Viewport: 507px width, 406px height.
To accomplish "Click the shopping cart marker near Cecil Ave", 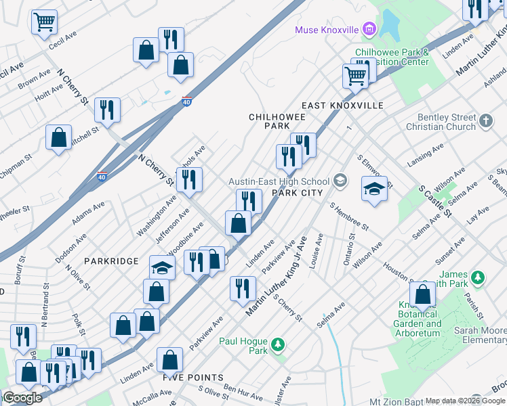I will coord(44,22).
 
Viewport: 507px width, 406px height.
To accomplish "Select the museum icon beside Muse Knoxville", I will coord(369,29).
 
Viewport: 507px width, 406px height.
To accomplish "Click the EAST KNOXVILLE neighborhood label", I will coord(342,106).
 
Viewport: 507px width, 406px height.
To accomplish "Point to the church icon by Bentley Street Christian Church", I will coord(485,120).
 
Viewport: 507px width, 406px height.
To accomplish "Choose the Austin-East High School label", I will coord(279,181).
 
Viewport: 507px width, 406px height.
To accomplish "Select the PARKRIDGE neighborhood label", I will coord(111,261).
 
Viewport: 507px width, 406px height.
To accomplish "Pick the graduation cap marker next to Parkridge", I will coord(162,268).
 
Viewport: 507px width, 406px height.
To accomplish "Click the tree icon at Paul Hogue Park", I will coord(277,346).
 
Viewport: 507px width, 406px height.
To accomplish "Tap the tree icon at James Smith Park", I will coord(478,277).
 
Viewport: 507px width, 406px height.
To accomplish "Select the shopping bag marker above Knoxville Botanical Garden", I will coord(423,294).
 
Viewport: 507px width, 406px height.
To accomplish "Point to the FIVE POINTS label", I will coord(192,377).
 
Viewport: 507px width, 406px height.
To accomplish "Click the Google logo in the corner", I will coord(22,398).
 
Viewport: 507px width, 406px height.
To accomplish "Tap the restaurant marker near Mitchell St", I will coord(107,110).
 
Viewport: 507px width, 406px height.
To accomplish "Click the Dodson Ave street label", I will coord(72,248).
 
